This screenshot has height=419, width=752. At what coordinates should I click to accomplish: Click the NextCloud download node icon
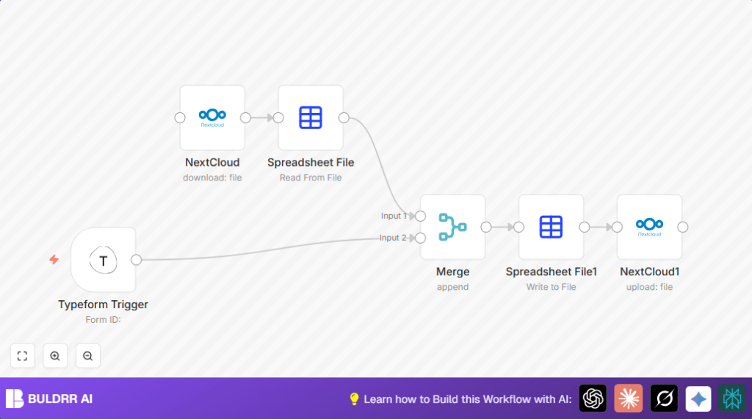(x=212, y=117)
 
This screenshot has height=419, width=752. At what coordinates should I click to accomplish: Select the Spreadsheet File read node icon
(x=311, y=117)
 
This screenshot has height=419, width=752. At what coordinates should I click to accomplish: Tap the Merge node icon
(x=452, y=227)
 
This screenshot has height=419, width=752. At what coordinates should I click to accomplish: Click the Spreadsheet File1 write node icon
(x=551, y=227)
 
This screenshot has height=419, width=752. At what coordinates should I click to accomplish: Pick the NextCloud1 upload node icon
(x=649, y=227)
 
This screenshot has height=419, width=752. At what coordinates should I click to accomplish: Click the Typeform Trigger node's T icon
(x=103, y=260)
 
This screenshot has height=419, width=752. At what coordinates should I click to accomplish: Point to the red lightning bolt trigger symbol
(x=54, y=259)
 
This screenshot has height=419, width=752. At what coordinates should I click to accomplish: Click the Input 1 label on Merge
(x=393, y=216)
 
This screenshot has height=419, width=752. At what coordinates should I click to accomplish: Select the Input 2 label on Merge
(x=393, y=238)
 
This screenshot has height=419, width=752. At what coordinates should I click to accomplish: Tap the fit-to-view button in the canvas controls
(x=22, y=356)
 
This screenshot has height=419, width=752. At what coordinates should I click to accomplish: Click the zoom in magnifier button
(x=55, y=356)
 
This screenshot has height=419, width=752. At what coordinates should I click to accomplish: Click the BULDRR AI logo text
(x=60, y=399)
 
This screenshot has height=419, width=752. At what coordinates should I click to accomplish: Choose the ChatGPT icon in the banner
(x=593, y=398)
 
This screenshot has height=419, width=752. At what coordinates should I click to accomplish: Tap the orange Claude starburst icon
(x=628, y=398)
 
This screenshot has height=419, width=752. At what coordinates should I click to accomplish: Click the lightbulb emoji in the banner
(x=354, y=399)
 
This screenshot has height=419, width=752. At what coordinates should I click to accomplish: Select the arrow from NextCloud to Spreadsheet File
(x=262, y=117)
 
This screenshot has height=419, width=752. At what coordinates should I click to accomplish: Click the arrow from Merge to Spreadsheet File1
(x=503, y=227)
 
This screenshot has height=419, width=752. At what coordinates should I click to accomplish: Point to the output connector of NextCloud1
(x=683, y=227)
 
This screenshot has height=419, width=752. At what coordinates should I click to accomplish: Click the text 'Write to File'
(x=551, y=287)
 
